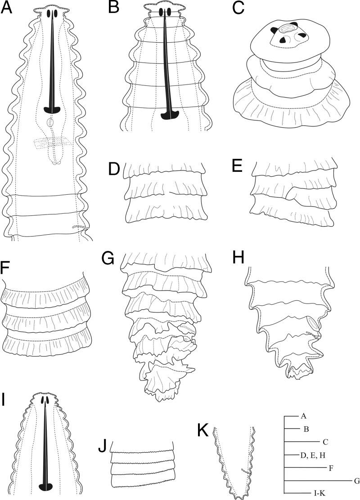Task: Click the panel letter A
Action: tap(7, 9)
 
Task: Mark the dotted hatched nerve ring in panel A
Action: tap(52, 143)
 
